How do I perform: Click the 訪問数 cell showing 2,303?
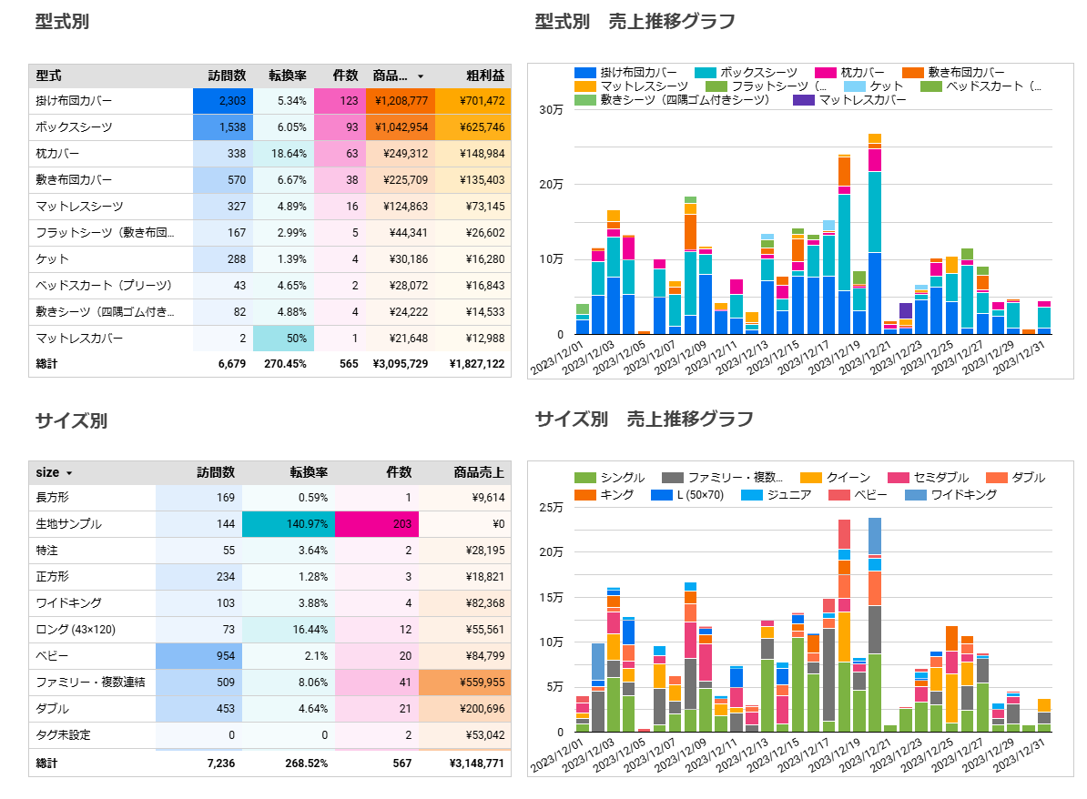222,101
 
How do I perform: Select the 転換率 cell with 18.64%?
283,154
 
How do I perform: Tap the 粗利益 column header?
485,76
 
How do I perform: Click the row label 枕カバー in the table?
57,154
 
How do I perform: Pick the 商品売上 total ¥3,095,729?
400,364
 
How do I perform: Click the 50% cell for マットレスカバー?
283,339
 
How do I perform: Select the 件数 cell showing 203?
376,524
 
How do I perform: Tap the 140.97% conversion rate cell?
289,524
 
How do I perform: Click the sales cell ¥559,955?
464,683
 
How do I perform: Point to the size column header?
48,472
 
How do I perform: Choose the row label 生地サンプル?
68,524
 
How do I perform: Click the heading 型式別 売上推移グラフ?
635,22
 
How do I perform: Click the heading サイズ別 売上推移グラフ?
644,420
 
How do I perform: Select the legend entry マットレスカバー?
850,100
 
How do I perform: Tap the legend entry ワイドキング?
951,495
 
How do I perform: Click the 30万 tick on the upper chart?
551,109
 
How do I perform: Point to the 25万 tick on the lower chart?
551,507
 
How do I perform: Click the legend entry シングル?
610,478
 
